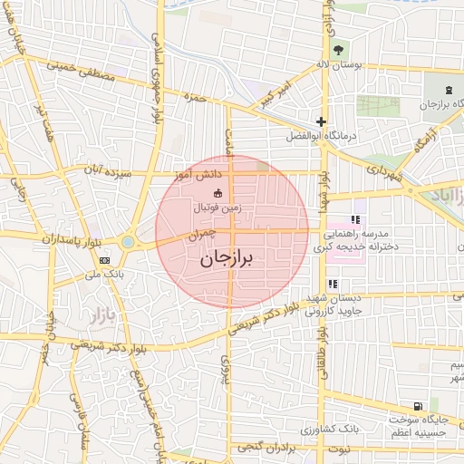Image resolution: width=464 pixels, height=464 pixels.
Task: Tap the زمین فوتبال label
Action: [217, 208]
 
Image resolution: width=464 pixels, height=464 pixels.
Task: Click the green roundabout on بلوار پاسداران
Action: [128, 242]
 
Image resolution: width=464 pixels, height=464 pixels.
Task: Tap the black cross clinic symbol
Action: [320, 121]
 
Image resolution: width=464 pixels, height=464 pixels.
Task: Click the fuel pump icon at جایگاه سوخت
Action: [416, 406]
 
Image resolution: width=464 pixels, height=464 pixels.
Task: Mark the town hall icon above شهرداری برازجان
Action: [449, 90]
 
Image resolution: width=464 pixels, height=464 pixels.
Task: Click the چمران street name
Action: [202, 235]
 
